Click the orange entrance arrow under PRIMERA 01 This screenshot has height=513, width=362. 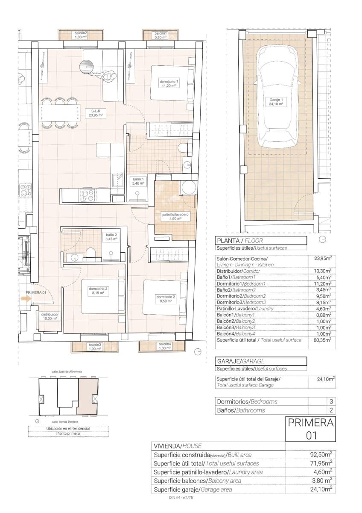(x=26, y=300)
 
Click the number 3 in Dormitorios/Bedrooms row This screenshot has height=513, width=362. (x=332, y=401)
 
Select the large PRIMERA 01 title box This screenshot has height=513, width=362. (x=310, y=429)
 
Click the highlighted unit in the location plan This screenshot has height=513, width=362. (x=88, y=397)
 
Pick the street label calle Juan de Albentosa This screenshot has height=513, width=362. (x=66, y=371)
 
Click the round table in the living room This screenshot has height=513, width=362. (x=87, y=66)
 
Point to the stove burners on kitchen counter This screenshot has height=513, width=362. (x=88, y=196)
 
